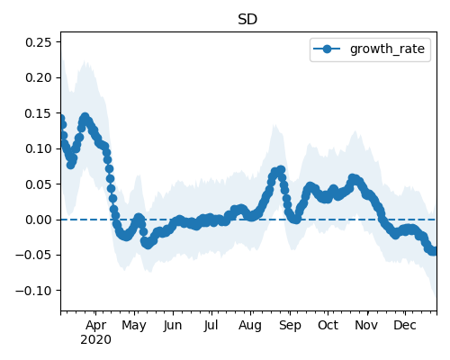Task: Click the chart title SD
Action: click(x=247, y=20)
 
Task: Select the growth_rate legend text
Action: click(x=387, y=49)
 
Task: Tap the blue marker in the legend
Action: click(x=327, y=49)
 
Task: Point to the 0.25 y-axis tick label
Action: click(x=39, y=42)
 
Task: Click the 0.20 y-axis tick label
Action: click(x=39, y=77)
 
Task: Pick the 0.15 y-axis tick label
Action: click(x=39, y=113)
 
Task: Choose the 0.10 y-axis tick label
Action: click(x=39, y=148)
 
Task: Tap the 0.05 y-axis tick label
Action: click(x=39, y=184)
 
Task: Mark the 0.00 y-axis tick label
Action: click(x=39, y=220)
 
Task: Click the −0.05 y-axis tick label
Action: click(x=33, y=256)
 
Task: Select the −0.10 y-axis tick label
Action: click(x=33, y=291)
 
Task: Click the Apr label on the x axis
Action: click(x=95, y=326)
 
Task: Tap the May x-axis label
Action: click(x=134, y=326)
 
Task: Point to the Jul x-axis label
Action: click(x=211, y=325)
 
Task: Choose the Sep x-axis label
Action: click(x=290, y=326)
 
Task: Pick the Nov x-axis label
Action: click(x=366, y=325)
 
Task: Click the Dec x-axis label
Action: click(x=405, y=325)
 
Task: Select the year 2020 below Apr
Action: click(x=95, y=340)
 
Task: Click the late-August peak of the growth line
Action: click(x=281, y=170)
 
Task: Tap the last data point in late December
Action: click(x=435, y=251)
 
